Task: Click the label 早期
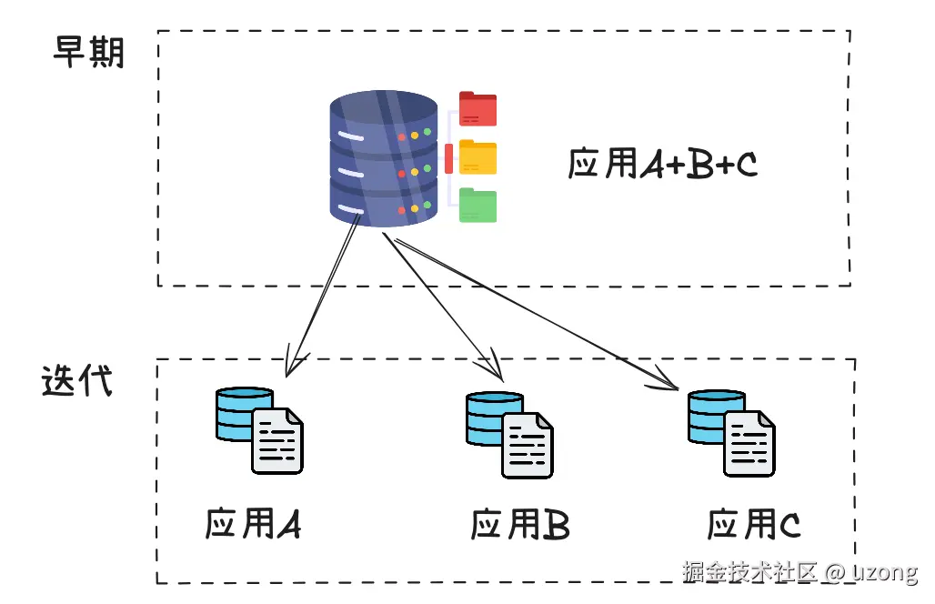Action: click(88, 54)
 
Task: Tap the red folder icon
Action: click(478, 108)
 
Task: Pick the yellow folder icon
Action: click(478, 156)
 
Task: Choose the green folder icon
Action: click(478, 206)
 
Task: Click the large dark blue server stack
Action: click(383, 158)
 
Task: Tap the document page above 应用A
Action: click(277, 441)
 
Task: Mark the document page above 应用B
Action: click(528, 446)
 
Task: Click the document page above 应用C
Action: click(749, 443)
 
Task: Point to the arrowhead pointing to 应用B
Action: click(497, 373)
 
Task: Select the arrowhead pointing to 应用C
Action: click(671, 383)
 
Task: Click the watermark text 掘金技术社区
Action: click(750, 572)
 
